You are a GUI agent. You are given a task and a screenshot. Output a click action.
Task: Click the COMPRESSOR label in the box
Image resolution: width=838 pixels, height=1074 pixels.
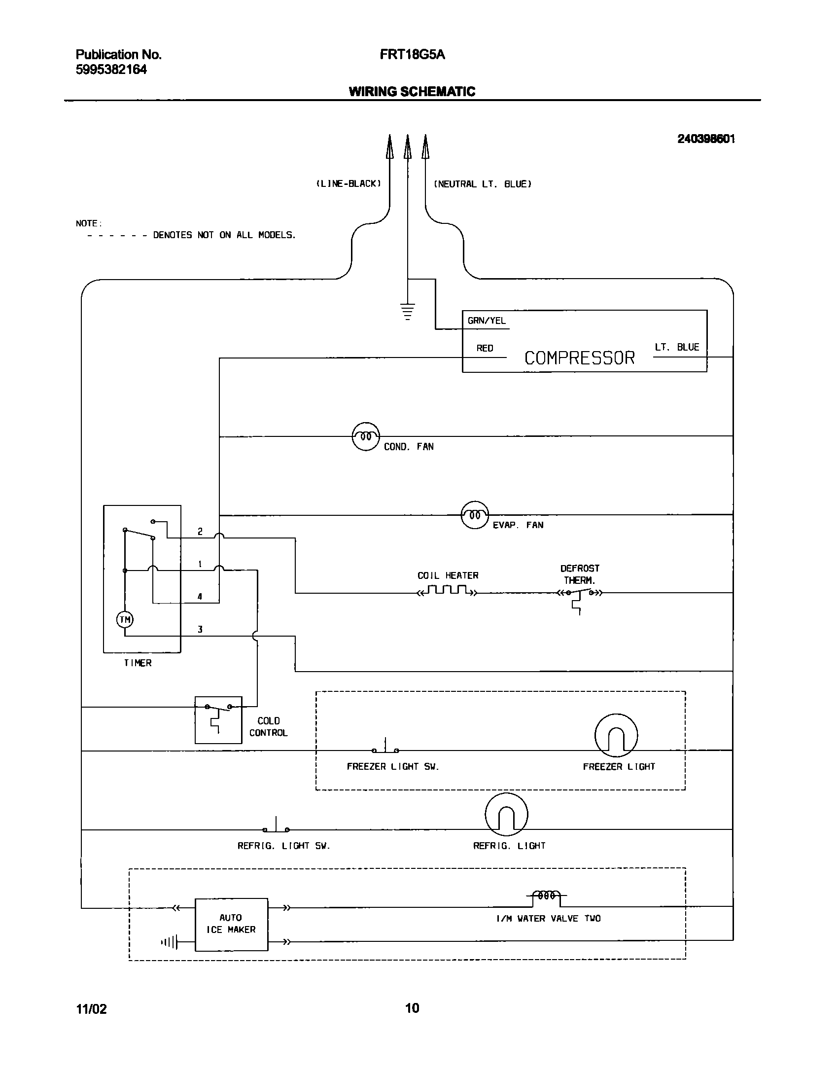point(579,358)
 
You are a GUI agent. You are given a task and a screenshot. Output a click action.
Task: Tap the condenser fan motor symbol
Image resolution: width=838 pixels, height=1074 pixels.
point(366,436)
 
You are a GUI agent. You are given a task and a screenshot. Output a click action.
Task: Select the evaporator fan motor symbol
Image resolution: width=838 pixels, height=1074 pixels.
point(474,515)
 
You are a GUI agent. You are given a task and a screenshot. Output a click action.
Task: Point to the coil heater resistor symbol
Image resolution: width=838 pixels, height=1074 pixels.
point(448,590)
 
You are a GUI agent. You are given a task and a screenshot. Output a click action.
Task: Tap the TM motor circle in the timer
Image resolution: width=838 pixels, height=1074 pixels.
point(125,619)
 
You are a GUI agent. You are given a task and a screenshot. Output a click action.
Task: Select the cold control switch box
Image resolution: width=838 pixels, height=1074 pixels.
point(218,720)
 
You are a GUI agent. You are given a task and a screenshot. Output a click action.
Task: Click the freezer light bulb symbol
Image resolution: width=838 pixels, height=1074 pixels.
point(616,735)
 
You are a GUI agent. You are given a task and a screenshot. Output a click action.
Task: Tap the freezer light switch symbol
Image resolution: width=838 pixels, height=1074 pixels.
point(385,748)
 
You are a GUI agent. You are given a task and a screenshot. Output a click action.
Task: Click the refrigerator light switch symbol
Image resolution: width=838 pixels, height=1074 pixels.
point(276,827)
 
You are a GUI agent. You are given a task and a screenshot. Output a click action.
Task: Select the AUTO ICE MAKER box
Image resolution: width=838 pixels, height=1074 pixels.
point(231,924)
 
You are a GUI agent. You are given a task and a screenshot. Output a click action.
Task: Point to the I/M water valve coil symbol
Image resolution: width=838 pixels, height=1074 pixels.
point(546,895)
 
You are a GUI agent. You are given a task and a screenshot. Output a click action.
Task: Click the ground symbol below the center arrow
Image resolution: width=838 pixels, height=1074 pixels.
point(407,312)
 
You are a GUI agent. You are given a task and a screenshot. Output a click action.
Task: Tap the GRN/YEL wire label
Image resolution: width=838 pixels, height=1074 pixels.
point(487,321)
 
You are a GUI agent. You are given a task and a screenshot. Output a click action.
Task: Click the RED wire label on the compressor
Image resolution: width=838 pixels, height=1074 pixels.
point(485,348)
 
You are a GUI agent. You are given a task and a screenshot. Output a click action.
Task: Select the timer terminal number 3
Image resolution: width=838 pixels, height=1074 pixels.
point(200,629)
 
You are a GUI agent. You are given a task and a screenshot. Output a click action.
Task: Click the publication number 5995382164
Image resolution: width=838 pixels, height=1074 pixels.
point(111,70)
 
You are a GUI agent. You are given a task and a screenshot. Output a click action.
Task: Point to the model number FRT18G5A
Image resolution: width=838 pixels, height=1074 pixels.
point(412,55)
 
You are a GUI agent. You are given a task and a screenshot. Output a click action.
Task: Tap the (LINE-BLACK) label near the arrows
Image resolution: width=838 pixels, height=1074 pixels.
point(349,184)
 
